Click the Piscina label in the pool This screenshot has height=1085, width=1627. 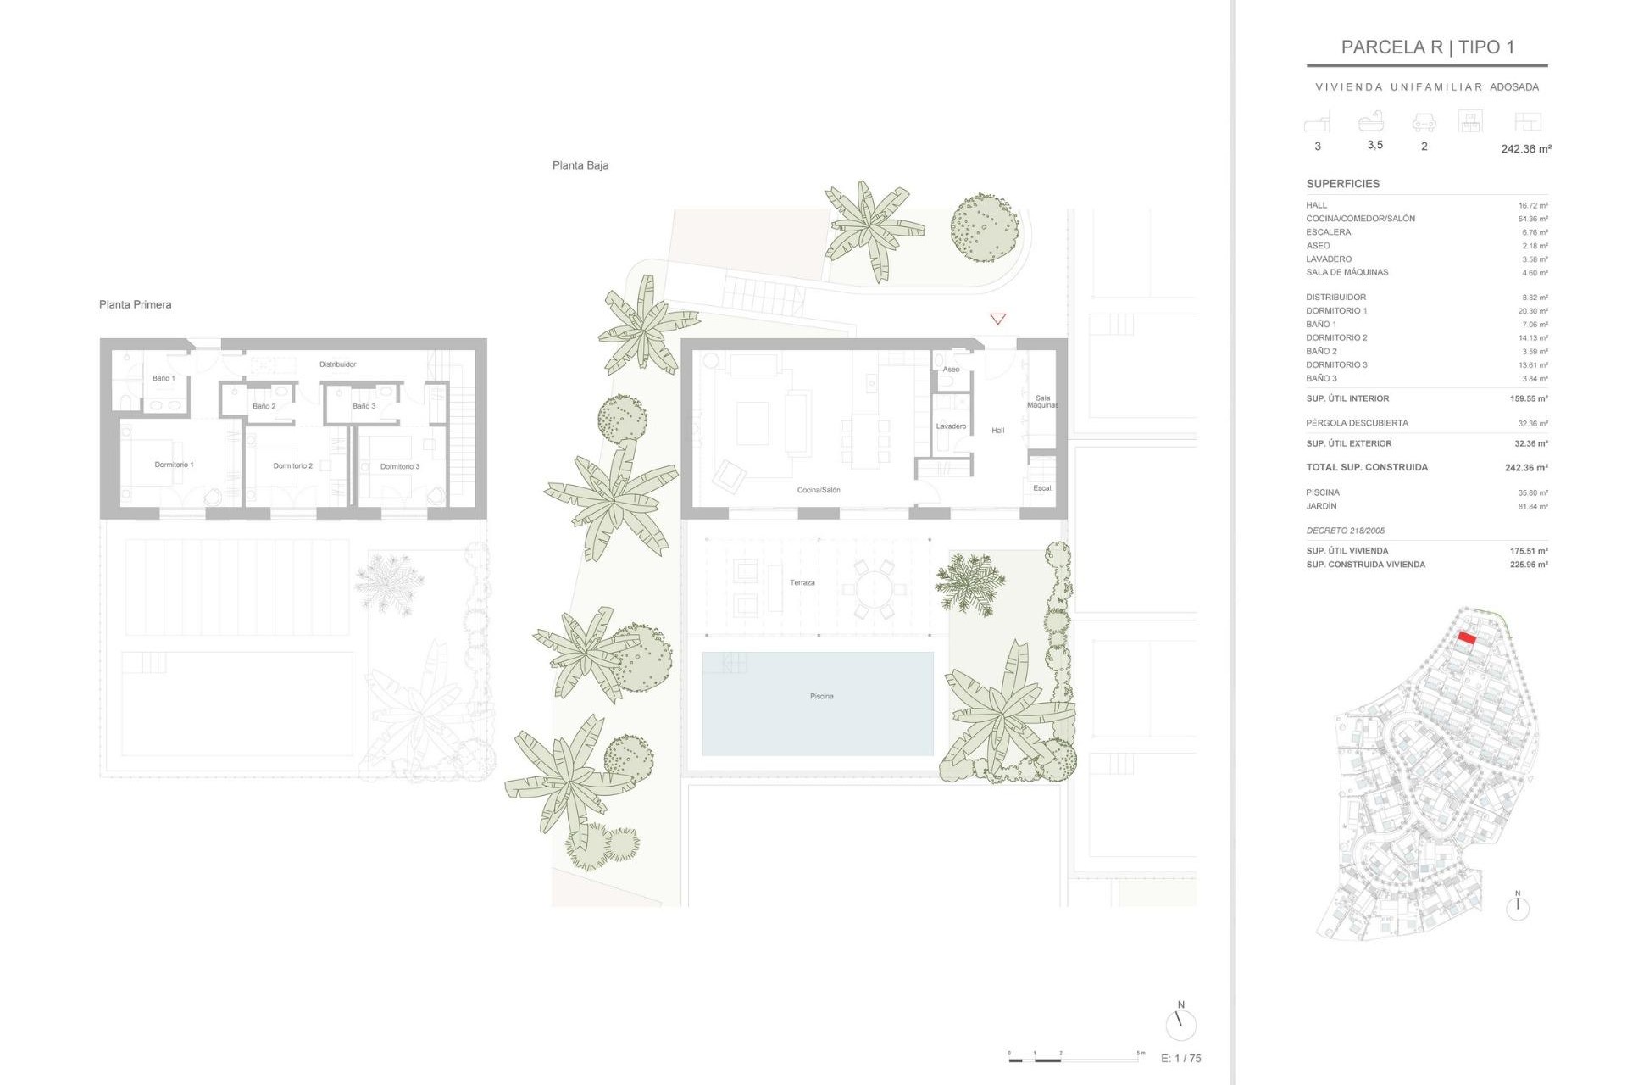(821, 696)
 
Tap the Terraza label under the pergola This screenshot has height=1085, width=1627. (802, 582)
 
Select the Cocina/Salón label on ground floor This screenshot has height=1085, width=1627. (819, 490)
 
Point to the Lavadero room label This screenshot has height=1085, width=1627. (951, 426)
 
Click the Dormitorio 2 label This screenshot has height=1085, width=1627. (292, 465)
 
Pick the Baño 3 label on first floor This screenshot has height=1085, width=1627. (364, 406)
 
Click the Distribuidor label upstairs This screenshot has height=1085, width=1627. (337, 364)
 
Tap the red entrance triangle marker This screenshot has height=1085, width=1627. (997, 319)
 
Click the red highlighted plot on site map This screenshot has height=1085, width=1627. (1467, 638)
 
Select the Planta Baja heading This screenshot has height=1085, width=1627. (580, 165)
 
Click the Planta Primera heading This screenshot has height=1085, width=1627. (135, 304)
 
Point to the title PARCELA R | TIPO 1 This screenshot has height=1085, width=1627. (1427, 47)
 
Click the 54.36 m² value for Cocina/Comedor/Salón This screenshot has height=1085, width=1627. (1532, 219)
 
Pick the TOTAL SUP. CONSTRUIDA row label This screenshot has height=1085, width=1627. (1366, 467)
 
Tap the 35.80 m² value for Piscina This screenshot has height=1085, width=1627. (1532, 492)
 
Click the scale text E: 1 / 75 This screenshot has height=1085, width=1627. (1180, 1058)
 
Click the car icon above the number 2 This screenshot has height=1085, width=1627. (1424, 124)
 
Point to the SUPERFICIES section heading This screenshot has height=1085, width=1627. (1342, 184)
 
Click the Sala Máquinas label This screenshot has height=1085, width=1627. (1042, 401)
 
